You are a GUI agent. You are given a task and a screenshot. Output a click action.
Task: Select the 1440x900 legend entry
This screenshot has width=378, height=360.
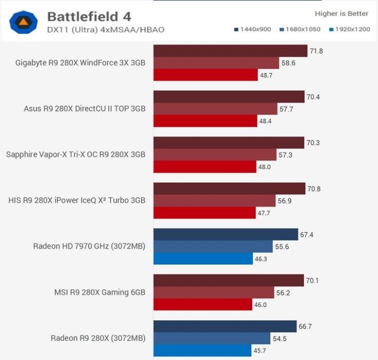click(x=253, y=29)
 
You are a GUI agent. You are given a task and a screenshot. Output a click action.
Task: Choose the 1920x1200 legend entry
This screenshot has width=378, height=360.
click(x=348, y=29)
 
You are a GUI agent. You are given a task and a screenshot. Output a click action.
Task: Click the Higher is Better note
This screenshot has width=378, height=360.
click(x=341, y=14)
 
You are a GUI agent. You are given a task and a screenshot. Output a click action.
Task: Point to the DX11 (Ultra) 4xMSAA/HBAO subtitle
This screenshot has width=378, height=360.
click(x=105, y=29)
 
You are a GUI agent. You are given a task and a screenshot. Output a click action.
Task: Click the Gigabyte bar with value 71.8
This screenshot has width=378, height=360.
click(x=230, y=51)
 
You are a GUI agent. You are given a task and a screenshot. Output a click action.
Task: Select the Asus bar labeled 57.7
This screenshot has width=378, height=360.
click(x=215, y=109)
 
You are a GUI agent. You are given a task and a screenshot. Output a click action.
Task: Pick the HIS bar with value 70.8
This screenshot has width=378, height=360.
click(x=229, y=188)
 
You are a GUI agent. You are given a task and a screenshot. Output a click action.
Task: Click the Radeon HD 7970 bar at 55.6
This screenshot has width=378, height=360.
click(x=213, y=246)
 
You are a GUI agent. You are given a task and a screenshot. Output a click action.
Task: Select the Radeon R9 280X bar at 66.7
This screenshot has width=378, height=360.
click(x=225, y=326)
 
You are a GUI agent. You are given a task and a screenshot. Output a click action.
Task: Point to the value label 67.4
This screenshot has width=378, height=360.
click(x=307, y=235)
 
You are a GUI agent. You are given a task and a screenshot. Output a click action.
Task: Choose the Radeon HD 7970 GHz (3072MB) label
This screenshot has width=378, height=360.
click(x=89, y=246)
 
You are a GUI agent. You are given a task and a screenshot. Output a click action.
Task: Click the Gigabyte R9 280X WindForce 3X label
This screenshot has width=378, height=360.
click(x=80, y=63)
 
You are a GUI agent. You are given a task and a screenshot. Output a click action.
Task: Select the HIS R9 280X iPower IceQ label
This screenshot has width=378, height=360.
click(x=77, y=200)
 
